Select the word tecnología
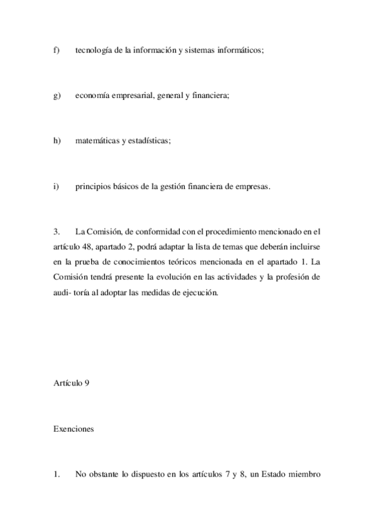[x=94, y=51]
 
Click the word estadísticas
[x=149, y=141]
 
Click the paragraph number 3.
[x=56, y=231]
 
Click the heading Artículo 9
[x=72, y=384]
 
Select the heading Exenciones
[x=74, y=429]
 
